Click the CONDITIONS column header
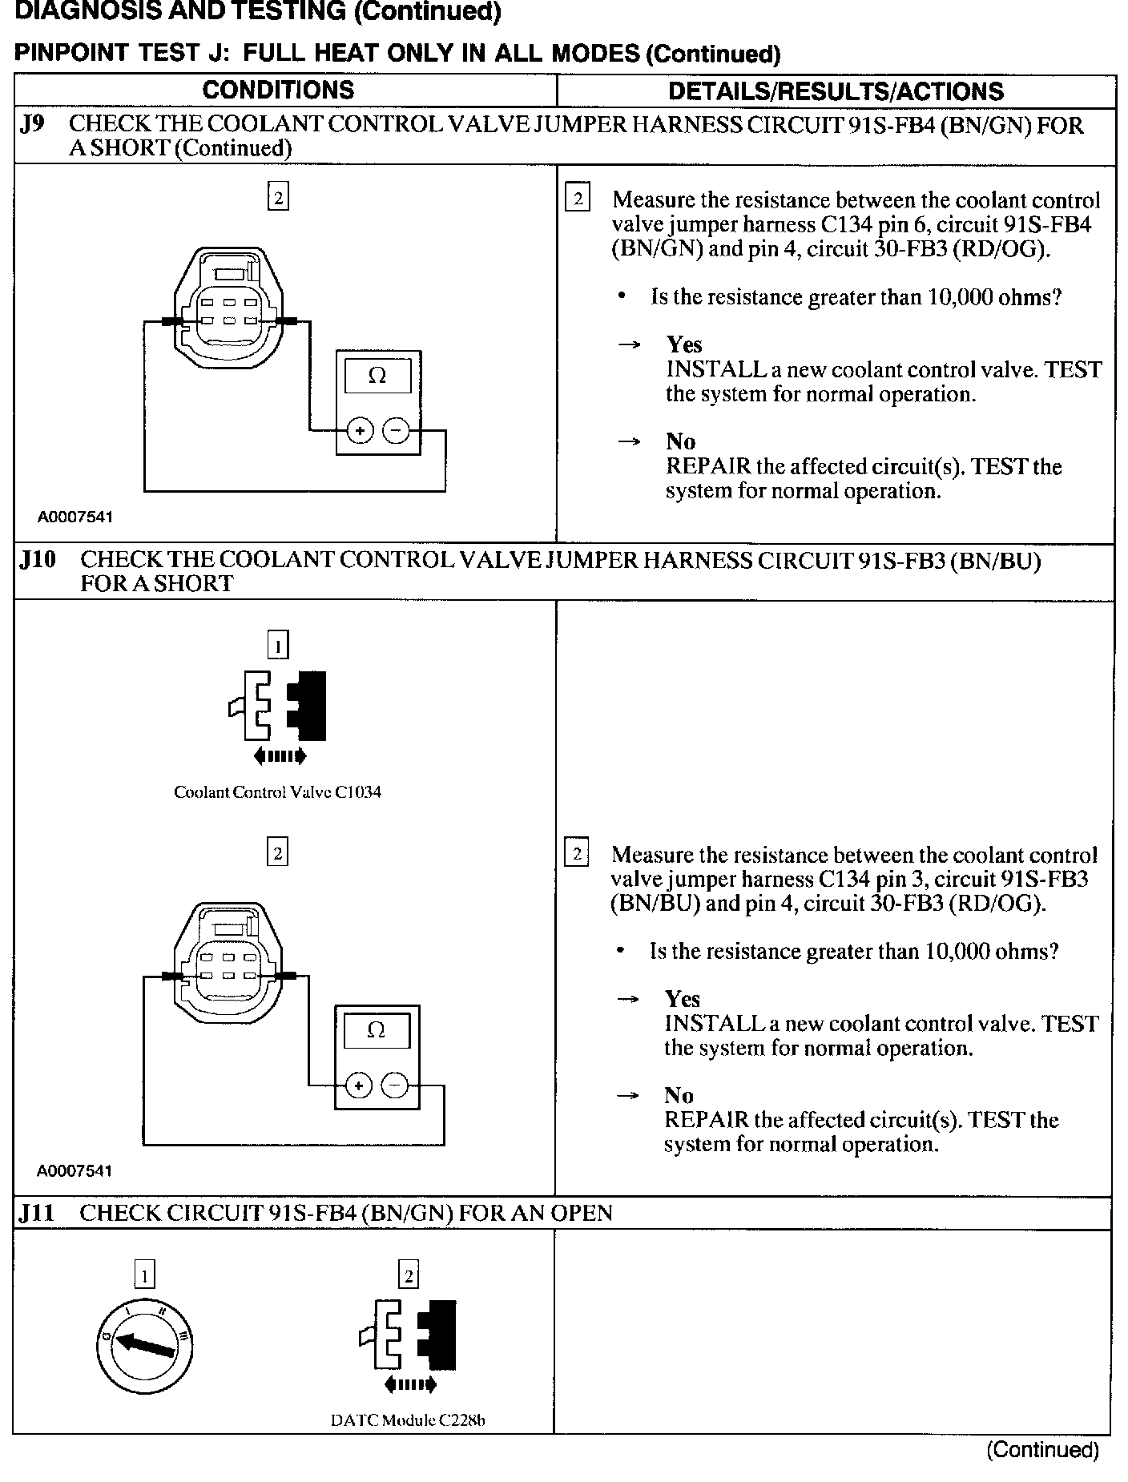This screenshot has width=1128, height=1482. pos(278,91)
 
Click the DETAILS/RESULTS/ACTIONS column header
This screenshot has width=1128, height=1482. pos(836,91)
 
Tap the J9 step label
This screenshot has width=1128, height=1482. pos(33,126)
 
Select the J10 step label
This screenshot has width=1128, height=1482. pos(38,560)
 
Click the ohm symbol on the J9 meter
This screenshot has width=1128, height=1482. pos(377,375)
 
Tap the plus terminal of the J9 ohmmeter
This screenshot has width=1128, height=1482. pos(360,431)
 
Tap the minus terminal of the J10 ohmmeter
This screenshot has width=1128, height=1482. pos(395,1085)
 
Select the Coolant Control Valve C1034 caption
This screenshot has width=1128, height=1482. pos(277,792)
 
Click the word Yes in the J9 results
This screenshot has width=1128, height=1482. pos(684,344)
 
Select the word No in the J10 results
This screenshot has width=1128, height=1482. pos(679,1095)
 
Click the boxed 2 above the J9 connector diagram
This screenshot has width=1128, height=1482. pos(278,197)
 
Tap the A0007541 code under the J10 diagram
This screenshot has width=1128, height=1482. pos(75,1171)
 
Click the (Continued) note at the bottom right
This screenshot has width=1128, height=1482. pos(1042,1449)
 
